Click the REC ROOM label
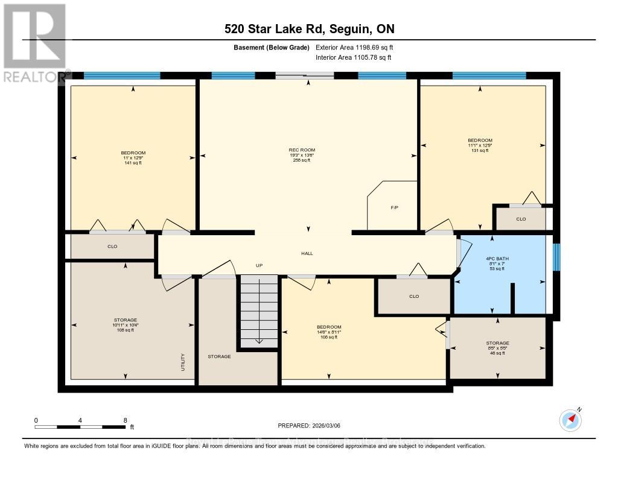coord(302,150)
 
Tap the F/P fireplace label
coord(394,207)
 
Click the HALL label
coord(307,254)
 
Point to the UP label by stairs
coord(259,265)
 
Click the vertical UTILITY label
coord(183,362)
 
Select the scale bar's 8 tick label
coord(125,420)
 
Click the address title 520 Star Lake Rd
coord(309,29)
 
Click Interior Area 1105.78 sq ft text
coord(354,57)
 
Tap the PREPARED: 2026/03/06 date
coord(308,425)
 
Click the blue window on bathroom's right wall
coord(557,257)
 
